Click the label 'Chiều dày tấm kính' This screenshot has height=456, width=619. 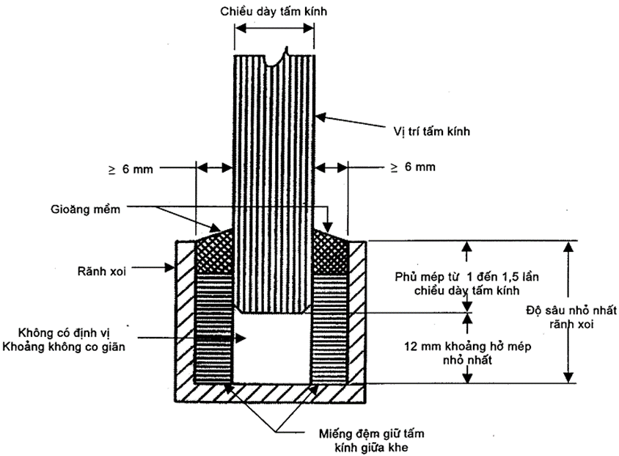pos(274,11)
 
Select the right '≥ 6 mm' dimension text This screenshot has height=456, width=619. pos(413,167)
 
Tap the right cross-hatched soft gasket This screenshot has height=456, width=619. pos(331,251)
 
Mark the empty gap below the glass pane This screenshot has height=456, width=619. pos(273,345)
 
